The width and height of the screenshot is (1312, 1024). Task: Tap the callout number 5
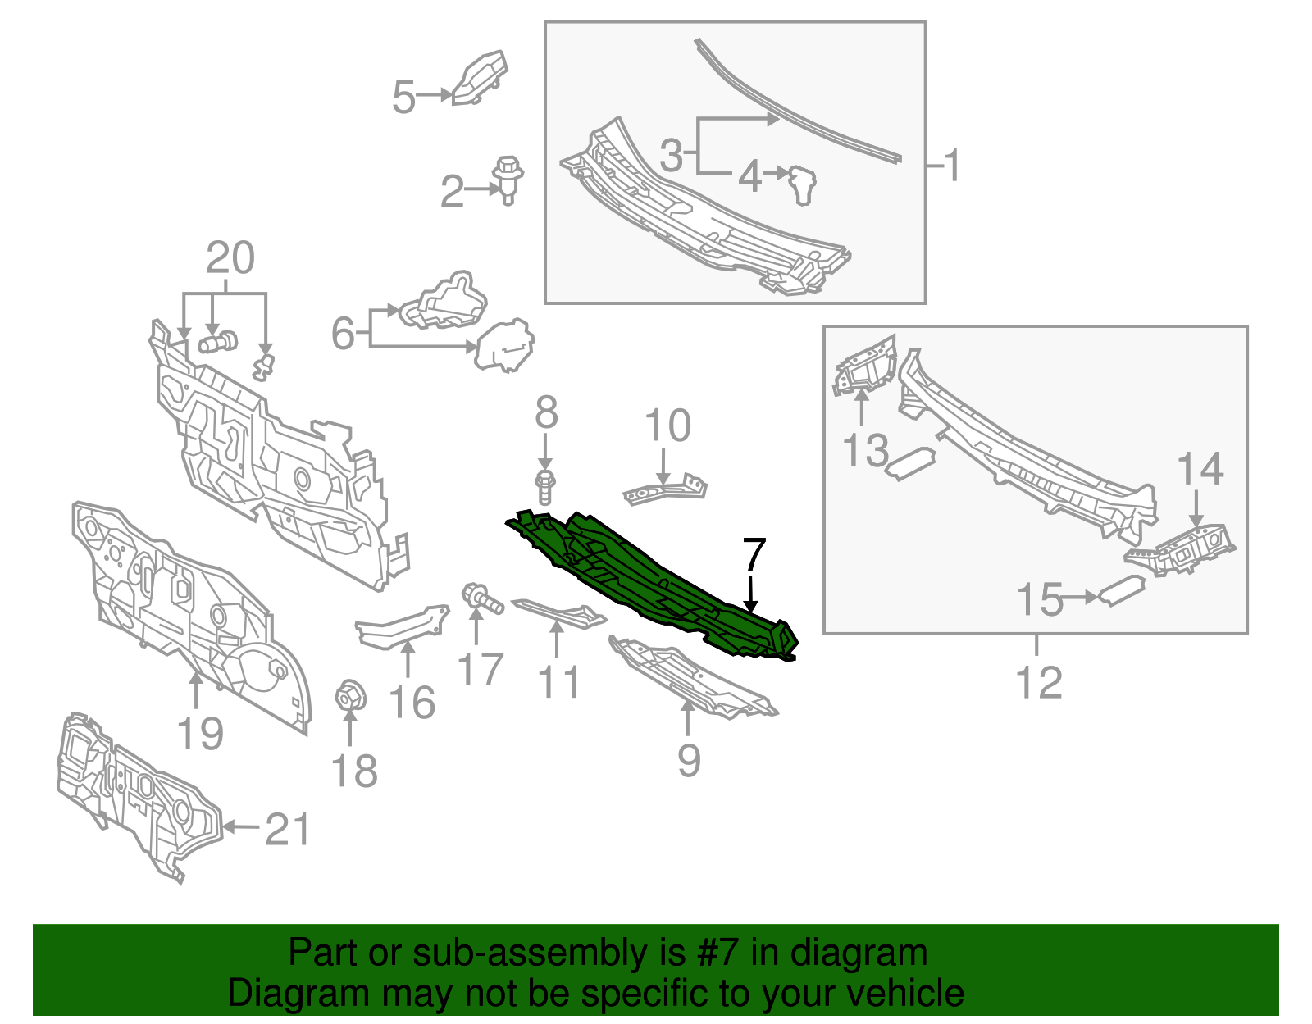(404, 97)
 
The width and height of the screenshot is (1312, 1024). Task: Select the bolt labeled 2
(508, 180)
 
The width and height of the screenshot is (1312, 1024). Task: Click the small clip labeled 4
(803, 185)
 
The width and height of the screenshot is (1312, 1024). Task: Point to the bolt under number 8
(545, 488)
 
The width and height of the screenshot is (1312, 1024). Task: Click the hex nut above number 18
(350, 699)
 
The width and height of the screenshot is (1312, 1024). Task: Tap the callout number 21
(287, 829)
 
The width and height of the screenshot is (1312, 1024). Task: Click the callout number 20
(230, 257)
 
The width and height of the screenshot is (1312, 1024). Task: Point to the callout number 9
(689, 761)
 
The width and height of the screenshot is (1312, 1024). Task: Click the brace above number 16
(403, 627)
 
